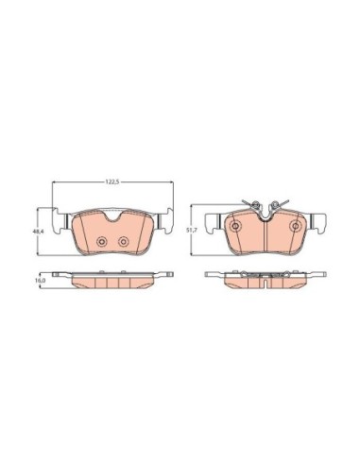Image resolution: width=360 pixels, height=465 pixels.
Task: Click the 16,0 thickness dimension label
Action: [x=40, y=280]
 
